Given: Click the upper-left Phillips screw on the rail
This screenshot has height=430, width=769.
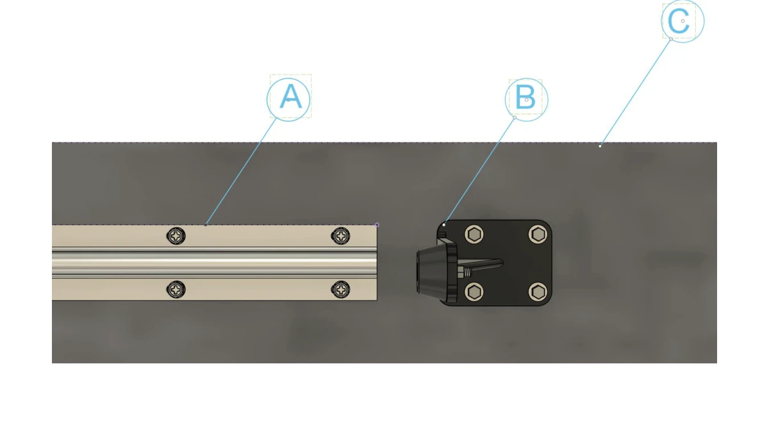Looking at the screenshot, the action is tap(176, 236).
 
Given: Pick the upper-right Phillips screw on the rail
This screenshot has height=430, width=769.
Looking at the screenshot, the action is tap(340, 236).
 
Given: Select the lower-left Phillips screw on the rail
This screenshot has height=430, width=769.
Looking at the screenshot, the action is tap(176, 289).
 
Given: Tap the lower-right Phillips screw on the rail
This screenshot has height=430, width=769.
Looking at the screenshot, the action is tap(340, 289).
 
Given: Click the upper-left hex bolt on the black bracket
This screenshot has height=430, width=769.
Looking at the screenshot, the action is tap(474, 234).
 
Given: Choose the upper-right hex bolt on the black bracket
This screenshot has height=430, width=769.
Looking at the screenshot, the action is tap(538, 234).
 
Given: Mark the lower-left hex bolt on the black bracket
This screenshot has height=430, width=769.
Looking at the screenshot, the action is tap(474, 292).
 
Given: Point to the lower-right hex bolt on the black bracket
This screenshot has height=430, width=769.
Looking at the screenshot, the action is tap(538, 292).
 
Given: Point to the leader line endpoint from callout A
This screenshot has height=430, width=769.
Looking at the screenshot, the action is tap(206, 225).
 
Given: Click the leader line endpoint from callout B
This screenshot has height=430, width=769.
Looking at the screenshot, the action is tap(444, 225).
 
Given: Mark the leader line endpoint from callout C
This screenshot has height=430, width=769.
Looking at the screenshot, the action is tap(600, 146).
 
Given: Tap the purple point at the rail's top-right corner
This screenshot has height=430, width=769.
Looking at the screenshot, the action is tap(377, 225).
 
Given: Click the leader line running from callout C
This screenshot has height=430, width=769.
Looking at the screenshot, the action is tap(635, 92).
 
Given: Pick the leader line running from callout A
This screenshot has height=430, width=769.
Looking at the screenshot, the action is tap(241, 171).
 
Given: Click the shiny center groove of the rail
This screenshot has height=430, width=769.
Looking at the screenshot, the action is tap(215, 263).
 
